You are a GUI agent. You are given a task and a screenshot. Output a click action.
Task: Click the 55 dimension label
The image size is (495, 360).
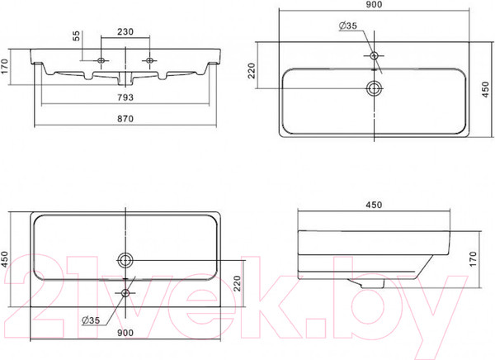77,36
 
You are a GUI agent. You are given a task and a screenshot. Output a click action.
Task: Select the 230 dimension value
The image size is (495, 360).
125,31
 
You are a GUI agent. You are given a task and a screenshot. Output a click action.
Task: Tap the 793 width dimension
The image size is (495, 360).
125,97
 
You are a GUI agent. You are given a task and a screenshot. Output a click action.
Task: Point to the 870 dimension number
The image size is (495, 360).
125,119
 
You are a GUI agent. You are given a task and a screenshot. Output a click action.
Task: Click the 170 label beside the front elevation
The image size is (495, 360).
4,66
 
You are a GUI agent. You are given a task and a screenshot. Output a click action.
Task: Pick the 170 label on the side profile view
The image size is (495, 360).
473,259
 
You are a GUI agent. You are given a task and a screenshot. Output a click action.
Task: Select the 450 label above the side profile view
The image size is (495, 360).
374,205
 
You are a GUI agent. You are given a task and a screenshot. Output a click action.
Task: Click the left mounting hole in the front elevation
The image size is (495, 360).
101,60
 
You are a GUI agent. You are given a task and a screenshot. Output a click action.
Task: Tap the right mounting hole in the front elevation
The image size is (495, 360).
149,60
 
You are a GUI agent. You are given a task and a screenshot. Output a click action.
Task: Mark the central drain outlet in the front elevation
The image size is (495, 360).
125,78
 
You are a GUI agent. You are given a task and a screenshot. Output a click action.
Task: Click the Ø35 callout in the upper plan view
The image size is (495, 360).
348,26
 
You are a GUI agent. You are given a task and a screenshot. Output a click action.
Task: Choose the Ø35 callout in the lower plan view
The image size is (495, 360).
91,320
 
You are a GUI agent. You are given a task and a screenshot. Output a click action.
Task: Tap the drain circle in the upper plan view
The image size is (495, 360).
374,88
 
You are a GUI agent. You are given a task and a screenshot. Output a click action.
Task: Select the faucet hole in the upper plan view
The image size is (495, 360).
374,56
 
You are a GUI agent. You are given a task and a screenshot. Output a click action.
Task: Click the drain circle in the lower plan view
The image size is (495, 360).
125,261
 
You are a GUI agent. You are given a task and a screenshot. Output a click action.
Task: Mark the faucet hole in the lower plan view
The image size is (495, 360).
125,293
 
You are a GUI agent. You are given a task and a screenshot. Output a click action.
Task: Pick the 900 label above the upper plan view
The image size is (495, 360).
374,4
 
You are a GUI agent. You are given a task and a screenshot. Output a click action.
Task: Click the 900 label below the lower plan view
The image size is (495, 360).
125,333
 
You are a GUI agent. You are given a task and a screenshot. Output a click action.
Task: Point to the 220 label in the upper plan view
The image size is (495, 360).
252,70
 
